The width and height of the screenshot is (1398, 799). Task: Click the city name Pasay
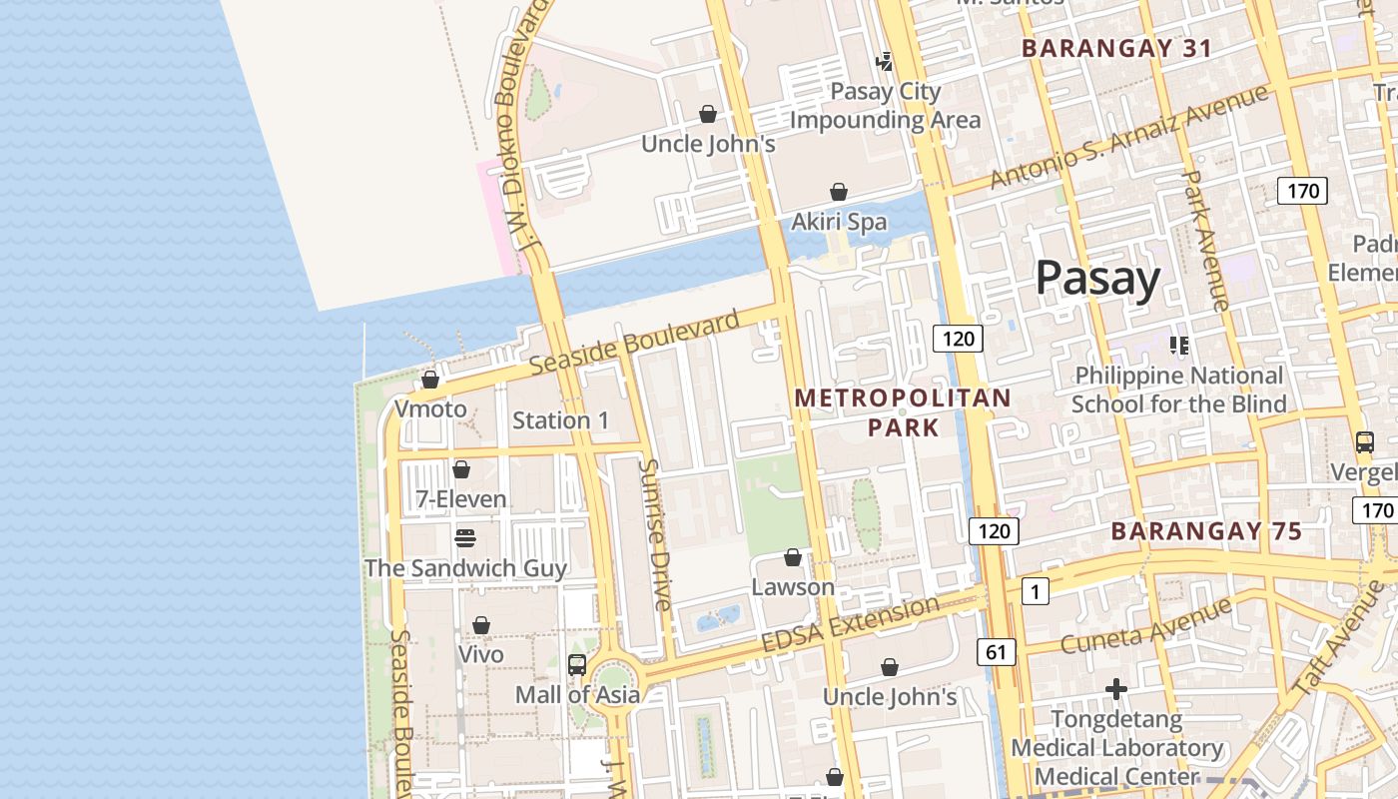(1097, 278)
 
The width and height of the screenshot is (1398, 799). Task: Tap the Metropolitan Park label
(903, 412)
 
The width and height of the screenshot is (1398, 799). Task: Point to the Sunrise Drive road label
(655, 534)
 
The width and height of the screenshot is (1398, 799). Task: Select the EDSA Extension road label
(850, 624)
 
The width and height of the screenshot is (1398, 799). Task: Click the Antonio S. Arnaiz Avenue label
(1128, 137)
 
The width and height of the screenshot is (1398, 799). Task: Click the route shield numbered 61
(996, 652)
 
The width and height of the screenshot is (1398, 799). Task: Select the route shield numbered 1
(1035, 592)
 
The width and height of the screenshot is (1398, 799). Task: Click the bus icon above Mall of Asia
(577, 665)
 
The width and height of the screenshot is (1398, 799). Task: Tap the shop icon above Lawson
(793, 557)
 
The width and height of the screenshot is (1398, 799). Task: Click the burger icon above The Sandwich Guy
(465, 538)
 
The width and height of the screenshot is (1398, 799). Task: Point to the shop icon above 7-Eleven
(461, 469)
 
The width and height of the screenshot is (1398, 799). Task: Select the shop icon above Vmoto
(430, 380)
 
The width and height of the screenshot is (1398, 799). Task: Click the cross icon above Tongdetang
(1116, 689)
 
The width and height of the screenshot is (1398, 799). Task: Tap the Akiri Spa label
(839, 222)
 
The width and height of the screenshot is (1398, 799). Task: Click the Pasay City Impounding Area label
(886, 106)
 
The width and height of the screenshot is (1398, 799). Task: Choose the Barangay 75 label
(1206, 531)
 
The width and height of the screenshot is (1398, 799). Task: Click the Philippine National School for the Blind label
(1178, 390)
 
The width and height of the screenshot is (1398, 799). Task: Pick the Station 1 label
(560, 420)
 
